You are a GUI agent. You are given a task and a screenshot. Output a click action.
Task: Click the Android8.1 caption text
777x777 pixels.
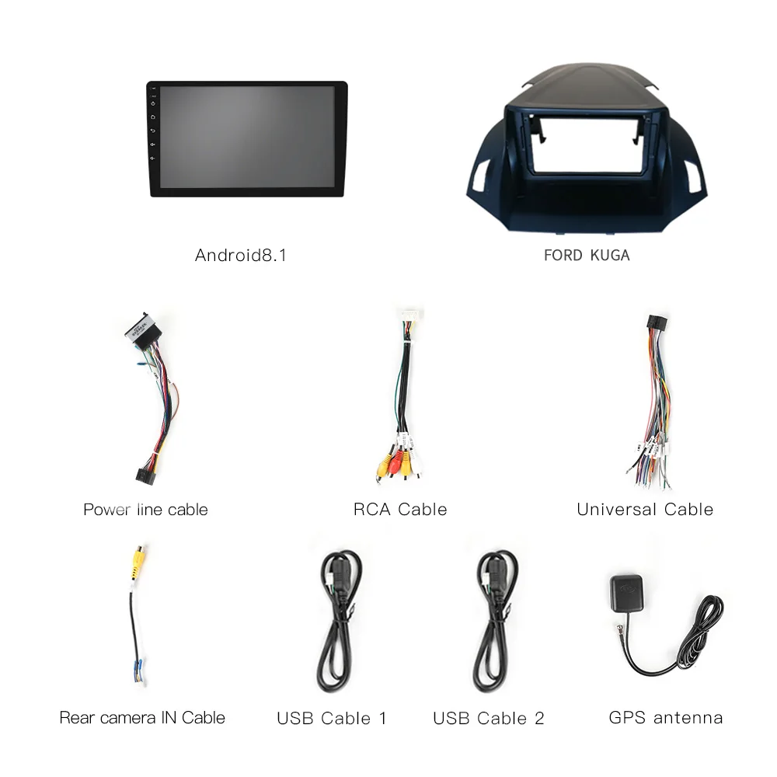pos(241,255)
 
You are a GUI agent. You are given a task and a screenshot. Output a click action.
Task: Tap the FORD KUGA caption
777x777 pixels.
pos(587,255)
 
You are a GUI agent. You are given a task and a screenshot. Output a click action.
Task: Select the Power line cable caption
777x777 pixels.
pos(145,510)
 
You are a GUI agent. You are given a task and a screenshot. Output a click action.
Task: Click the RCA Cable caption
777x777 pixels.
pos(400,510)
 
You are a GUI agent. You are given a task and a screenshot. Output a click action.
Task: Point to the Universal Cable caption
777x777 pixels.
pos(645,510)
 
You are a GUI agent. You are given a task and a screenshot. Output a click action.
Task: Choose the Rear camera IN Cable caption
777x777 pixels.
pos(142,717)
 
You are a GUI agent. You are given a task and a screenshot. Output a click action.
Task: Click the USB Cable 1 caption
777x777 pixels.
pos(332,718)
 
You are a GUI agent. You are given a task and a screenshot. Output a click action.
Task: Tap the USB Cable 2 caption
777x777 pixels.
pos(489,718)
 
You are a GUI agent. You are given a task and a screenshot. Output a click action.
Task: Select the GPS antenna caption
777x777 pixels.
pos(666,717)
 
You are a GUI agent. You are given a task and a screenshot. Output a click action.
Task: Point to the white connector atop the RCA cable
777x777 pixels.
pos(409,316)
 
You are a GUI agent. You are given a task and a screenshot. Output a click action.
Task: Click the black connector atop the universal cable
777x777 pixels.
pos(654,322)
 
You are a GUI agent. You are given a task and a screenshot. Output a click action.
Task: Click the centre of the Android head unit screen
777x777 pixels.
pos(247,138)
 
